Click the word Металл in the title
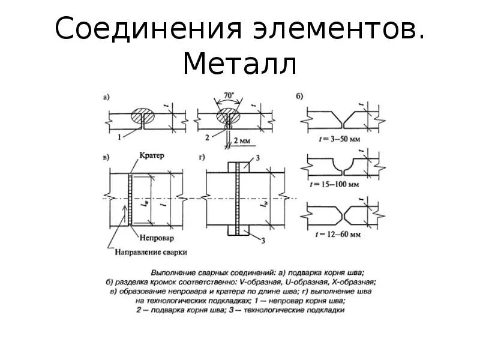pyautogui.click(x=239, y=64)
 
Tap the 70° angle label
pyautogui.click(x=227, y=95)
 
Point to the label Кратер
pyautogui.click(x=151, y=155)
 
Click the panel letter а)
pyautogui.click(x=106, y=97)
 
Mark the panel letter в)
pyautogui.click(x=106, y=158)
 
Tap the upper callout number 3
pyautogui.click(x=256, y=157)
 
